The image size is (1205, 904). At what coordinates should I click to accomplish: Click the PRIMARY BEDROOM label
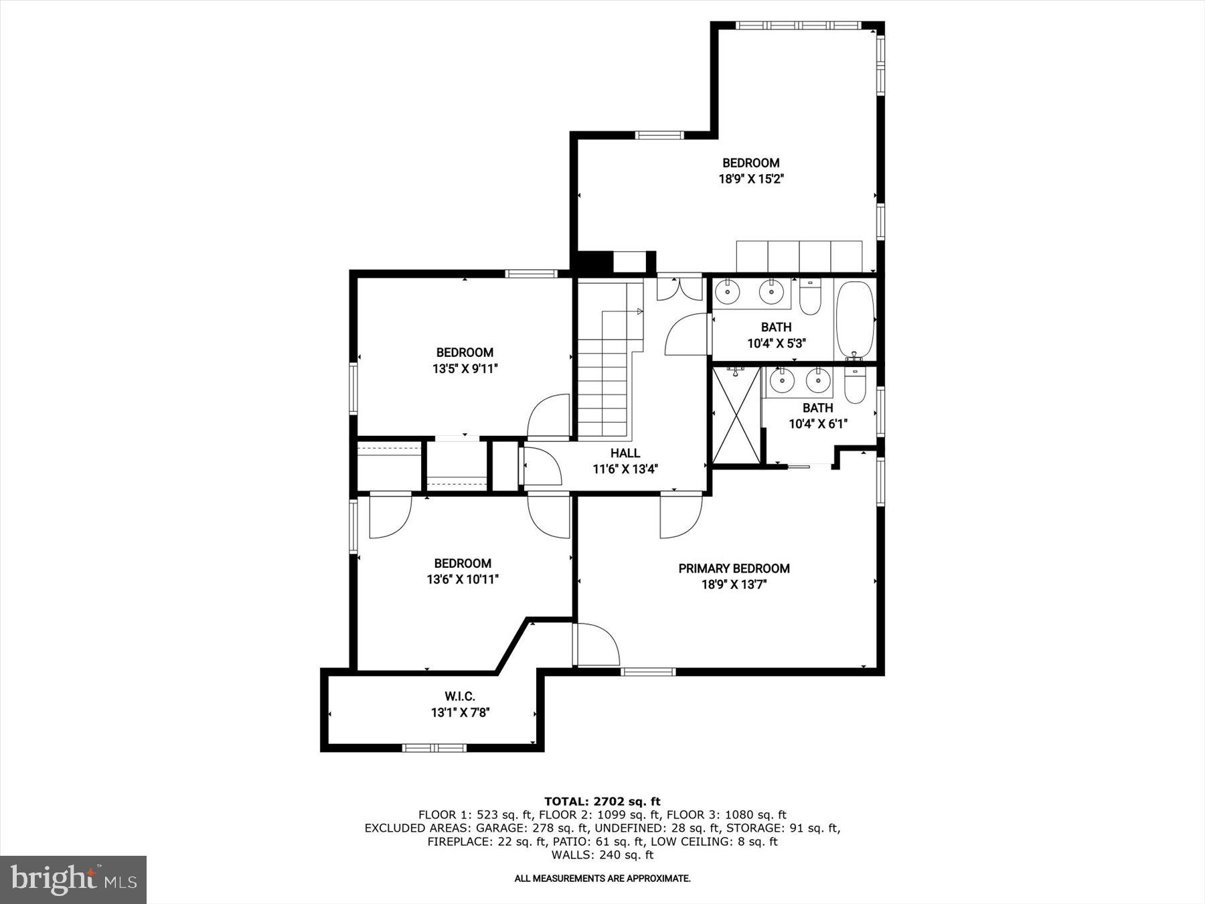coord(734,569)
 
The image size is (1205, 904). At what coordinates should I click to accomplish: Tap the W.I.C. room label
coord(460,697)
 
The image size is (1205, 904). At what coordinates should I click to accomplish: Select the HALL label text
coord(625,453)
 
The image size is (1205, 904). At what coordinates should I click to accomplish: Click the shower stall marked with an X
coord(736,415)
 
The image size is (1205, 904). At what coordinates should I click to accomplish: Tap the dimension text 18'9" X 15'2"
coord(750,179)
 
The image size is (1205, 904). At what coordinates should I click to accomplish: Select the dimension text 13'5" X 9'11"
coord(465,368)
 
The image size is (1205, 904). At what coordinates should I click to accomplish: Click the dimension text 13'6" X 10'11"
coord(463,579)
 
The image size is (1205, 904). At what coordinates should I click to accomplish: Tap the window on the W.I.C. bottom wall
coord(434,747)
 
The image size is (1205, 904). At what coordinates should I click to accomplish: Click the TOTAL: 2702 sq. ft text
coord(602,801)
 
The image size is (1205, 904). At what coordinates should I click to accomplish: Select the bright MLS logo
coord(73,879)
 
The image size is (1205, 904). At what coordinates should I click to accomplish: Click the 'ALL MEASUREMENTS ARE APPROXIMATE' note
coord(602,878)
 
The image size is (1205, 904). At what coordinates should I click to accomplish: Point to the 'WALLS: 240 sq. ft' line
coord(602,855)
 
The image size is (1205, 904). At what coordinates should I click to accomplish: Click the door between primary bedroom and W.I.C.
coord(596,644)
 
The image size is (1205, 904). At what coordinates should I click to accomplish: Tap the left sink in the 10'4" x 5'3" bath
coord(728,291)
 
